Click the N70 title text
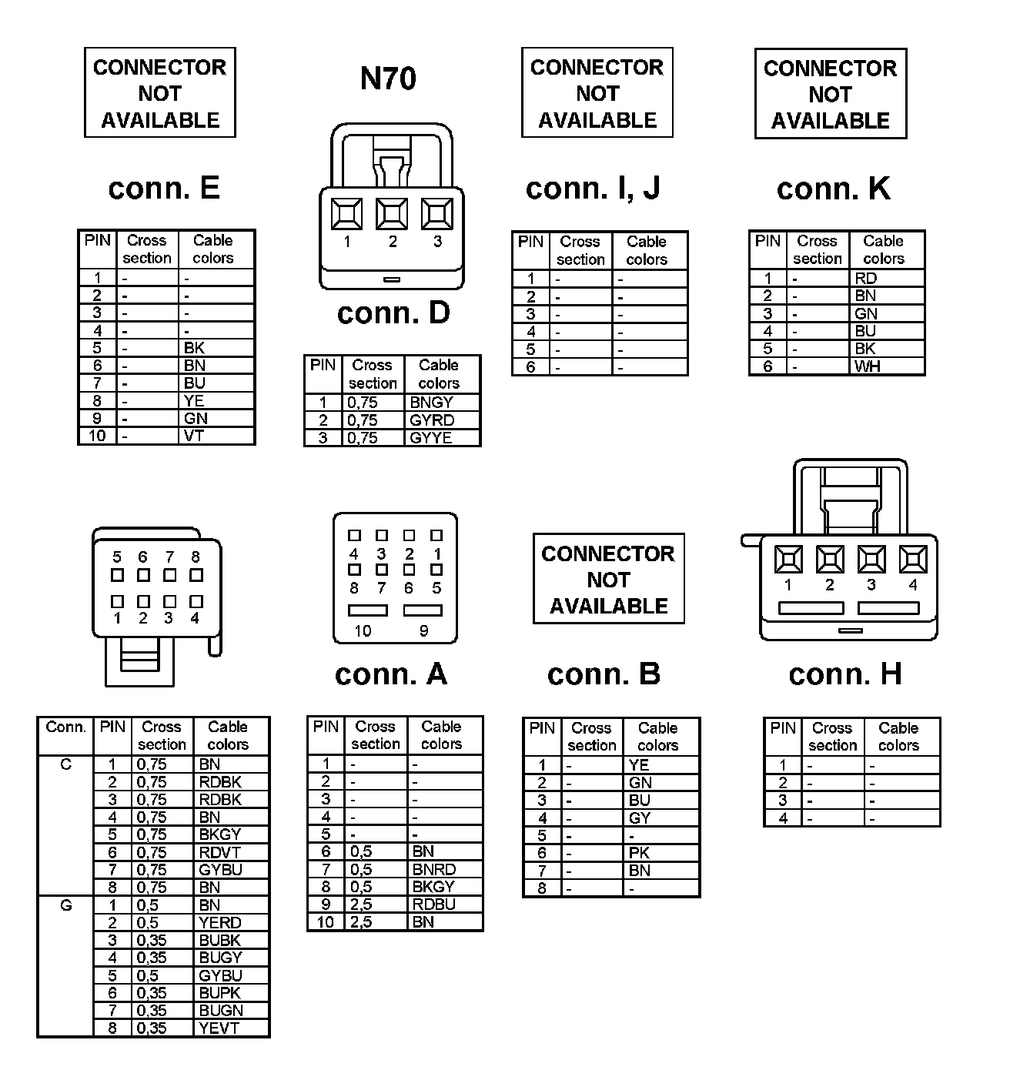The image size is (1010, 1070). tap(389, 79)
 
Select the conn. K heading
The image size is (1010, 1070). tap(834, 189)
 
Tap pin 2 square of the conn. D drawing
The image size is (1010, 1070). tap(392, 214)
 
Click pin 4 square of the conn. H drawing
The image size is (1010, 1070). tap(913, 560)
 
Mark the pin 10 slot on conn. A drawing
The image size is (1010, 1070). tap(368, 610)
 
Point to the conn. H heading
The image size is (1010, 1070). tap(845, 674)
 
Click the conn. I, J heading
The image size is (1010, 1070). tap(593, 189)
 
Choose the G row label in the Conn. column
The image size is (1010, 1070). tap(65, 906)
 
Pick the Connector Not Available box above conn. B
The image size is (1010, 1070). tap(608, 579)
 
